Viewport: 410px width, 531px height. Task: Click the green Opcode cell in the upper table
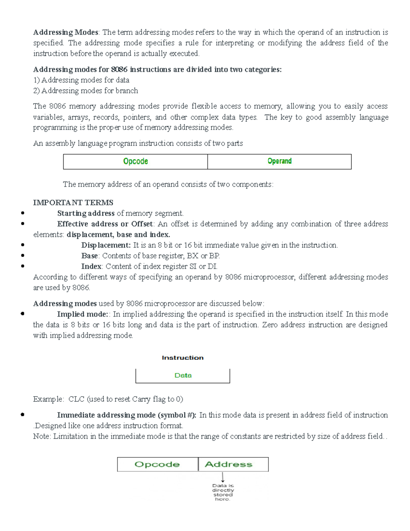pyautogui.click(x=135, y=161)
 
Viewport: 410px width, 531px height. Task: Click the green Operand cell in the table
pyautogui.click(x=279, y=161)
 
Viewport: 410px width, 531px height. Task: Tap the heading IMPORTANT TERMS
pyautogui.click(x=73, y=202)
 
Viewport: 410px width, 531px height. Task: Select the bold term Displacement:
pyautogui.click(x=106, y=245)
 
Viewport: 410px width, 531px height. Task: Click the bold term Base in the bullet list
pyautogui.click(x=90, y=256)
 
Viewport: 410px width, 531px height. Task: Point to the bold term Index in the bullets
pyautogui.click(x=91, y=266)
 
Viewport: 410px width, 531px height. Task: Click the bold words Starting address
pyautogui.click(x=86, y=213)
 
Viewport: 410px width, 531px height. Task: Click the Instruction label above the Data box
pyautogui.click(x=182, y=358)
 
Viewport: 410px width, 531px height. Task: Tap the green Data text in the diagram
pyautogui.click(x=183, y=375)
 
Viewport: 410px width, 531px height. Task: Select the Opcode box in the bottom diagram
pyautogui.click(x=157, y=464)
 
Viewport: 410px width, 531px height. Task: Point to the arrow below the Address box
pyautogui.click(x=223, y=477)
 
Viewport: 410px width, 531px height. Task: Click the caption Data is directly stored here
pyautogui.click(x=223, y=492)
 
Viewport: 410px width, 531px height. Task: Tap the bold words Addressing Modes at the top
pyautogui.click(x=66, y=32)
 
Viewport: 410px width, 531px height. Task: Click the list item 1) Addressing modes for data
pyautogui.click(x=81, y=80)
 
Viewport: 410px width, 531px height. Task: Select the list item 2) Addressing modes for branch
pyautogui.click(x=86, y=91)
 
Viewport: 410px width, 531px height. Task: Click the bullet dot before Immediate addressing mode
pyautogui.click(x=23, y=415)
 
